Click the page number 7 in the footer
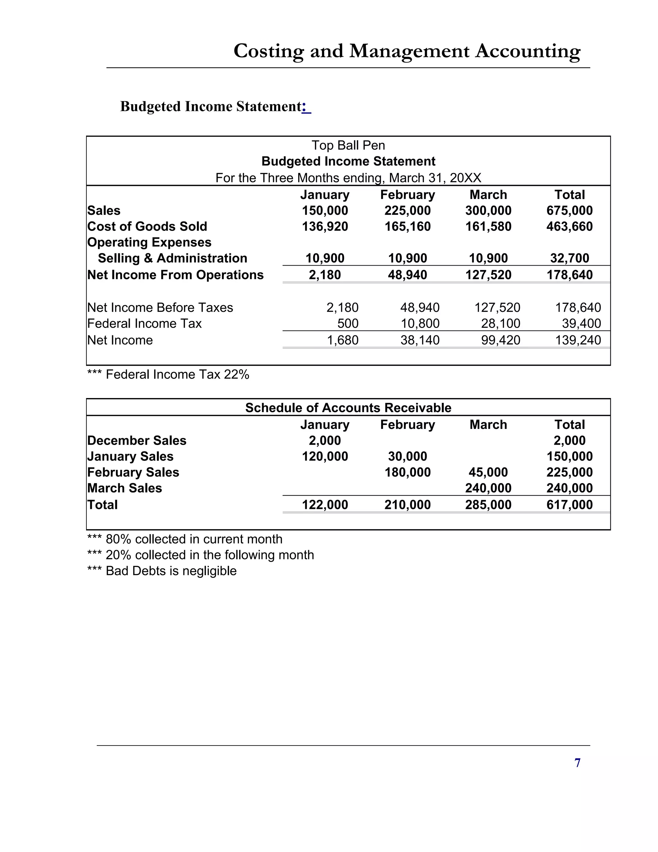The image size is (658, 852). (x=577, y=763)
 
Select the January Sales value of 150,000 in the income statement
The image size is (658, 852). (x=325, y=211)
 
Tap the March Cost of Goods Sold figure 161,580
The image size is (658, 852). (x=488, y=227)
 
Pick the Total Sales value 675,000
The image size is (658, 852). (x=569, y=211)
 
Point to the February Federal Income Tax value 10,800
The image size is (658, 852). (x=420, y=323)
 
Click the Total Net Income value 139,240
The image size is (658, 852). (x=578, y=340)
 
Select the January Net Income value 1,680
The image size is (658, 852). (x=342, y=340)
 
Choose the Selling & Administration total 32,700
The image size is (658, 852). (x=569, y=258)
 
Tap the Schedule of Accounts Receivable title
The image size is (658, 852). (x=348, y=408)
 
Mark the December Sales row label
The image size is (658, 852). (x=137, y=440)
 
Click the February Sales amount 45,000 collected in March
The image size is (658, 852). (x=488, y=472)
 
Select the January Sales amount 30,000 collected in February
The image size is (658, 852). (x=407, y=457)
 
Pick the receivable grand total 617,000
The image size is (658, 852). (x=569, y=505)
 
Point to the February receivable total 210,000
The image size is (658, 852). (x=407, y=505)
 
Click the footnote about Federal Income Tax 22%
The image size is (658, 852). (x=168, y=375)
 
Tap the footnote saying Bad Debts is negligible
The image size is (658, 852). (x=162, y=571)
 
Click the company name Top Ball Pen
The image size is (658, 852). (x=348, y=146)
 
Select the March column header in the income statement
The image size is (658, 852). (x=488, y=195)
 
